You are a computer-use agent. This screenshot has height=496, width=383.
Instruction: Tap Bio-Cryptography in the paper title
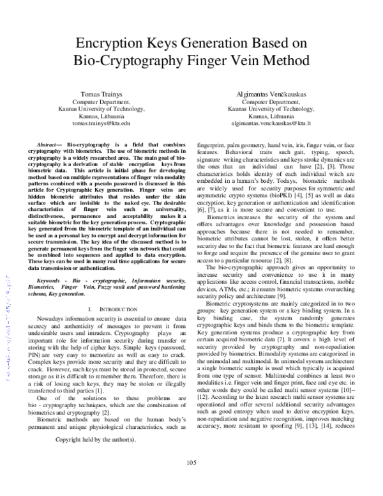[131, 61]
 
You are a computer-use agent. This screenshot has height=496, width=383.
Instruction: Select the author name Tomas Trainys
[101, 93]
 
